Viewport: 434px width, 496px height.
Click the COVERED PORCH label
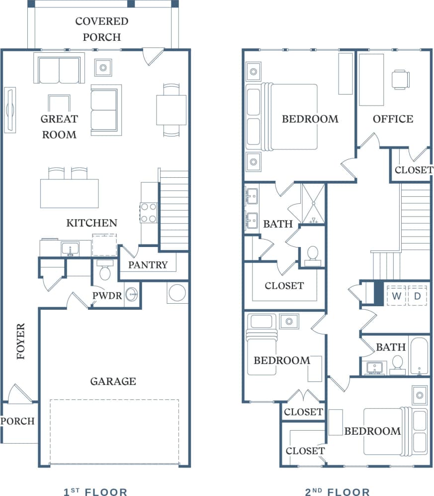point(101,29)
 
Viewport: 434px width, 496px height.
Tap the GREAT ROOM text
point(59,126)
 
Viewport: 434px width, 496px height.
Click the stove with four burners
point(149,213)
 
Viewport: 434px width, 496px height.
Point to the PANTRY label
point(148,265)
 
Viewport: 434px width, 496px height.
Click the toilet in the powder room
point(105,271)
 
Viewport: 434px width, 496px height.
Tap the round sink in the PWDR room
point(132,294)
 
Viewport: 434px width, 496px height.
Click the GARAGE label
point(113,381)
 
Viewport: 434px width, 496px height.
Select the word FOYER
point(20,342)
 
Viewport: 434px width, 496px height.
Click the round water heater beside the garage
point(177,292)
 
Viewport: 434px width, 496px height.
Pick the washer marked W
point(396,296)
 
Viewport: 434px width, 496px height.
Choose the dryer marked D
point(418,296)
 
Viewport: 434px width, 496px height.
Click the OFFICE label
point(393,119)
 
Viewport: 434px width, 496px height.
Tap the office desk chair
point(400,79)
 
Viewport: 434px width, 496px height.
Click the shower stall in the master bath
point(313,204)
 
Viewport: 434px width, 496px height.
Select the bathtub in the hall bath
point(420,356)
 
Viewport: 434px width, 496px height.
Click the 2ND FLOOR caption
point(337,492)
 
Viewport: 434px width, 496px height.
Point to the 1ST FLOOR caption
point(95,492)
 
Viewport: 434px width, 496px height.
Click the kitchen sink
point(70,248)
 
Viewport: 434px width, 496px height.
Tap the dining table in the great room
point(171,110)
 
